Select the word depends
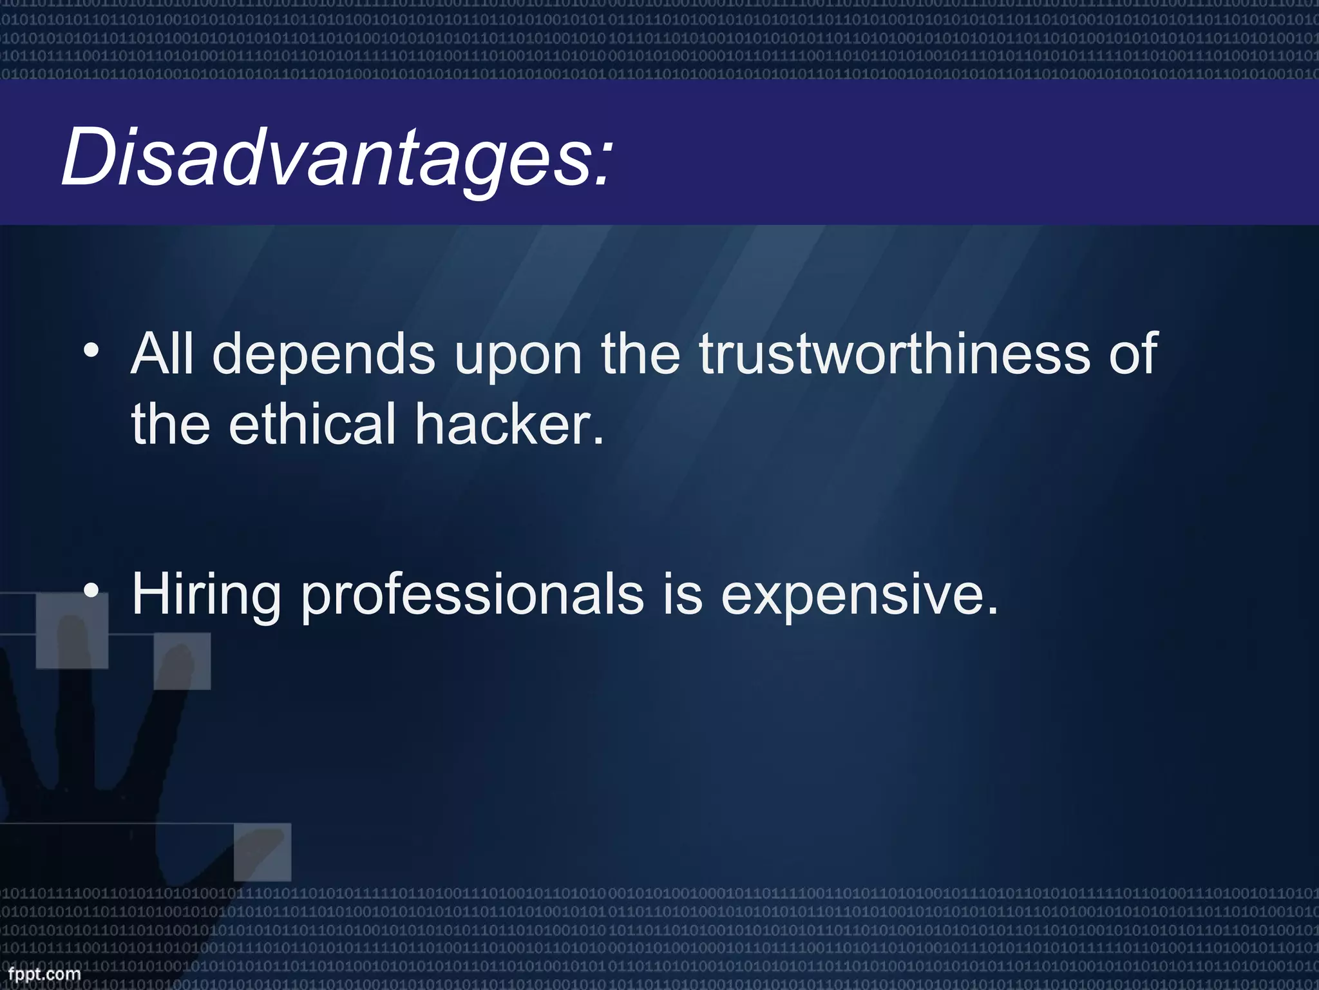324,356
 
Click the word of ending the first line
1134,354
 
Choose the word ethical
312,423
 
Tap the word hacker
509,423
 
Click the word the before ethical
170,423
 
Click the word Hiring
206,596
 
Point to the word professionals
472,596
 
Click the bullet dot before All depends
91,351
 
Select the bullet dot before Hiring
91,591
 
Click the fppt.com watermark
44,974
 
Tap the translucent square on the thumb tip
262,852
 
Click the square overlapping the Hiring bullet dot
71,631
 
